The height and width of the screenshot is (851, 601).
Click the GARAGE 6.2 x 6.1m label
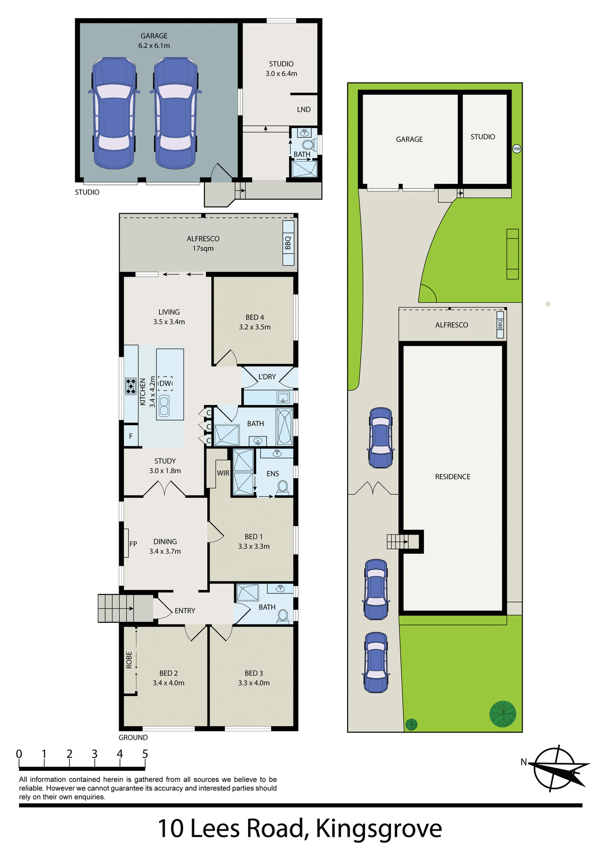tap(154, 40)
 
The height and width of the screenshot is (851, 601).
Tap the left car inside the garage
tap(114, 113)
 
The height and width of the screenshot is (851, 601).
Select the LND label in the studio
tap(304, 109)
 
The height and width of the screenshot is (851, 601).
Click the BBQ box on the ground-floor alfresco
tap(288, 243)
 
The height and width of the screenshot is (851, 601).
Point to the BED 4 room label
tap(255, 322)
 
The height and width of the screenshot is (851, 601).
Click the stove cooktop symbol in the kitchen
tap(131, 386)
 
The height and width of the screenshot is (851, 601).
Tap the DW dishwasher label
tap(165, 383)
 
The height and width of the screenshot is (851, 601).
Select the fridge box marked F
tap(131, 436)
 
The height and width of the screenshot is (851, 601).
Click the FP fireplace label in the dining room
tap(133, 544)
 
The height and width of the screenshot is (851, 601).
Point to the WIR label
tap(223, 473)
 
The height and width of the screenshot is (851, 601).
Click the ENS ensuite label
tap(273, 474)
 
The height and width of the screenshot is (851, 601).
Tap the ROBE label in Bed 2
tap(129, 660)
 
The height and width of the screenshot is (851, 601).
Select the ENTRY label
tap(185, 611)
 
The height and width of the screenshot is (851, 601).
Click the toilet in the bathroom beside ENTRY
tap(283, 615)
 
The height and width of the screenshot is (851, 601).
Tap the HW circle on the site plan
tap(516, 149)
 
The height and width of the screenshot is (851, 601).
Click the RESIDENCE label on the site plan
tap(453, 477)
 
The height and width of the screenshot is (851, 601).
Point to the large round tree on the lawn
tap(503, 714)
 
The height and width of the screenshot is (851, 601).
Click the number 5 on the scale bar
tap(145, 754)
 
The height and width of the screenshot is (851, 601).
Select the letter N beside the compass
tap(523, 762)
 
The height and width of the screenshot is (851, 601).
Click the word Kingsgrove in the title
tap(379, 828)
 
